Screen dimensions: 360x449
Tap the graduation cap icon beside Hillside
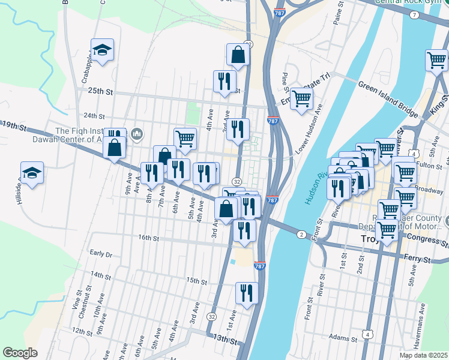pyautogui.click(x=32, y=173)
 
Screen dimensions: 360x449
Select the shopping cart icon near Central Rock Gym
pyautogui.click(x=436, y=60)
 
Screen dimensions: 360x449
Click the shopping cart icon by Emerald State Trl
pyautogui.click(x=301, y=97)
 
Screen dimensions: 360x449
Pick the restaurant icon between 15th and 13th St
pyautogui.click(x=247, y=293)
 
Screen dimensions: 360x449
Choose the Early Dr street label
pyautogui.click(x=100, y=254)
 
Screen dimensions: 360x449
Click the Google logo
pyautogui.click(x=20, y=353)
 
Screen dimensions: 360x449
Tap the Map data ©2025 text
pyautogui.click(x=423, y=355)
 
